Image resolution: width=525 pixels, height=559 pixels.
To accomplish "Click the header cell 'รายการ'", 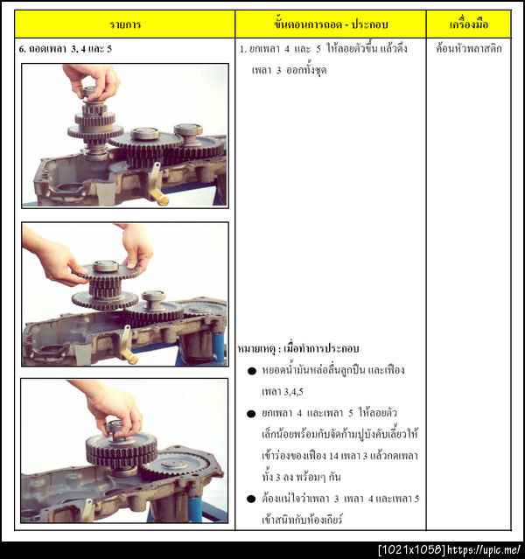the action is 125,24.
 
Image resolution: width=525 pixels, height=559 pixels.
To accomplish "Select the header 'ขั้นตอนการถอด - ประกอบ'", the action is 331,24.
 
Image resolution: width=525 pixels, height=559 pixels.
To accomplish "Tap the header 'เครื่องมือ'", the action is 469,24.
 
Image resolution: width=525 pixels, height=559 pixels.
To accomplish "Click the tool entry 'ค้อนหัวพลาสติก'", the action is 469,48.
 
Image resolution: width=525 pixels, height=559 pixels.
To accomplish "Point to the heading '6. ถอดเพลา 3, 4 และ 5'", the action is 66,49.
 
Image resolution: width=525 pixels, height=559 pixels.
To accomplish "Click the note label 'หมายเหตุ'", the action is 256,349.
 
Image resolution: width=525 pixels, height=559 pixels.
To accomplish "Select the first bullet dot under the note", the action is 252,371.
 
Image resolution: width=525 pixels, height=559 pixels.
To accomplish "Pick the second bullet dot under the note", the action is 251,414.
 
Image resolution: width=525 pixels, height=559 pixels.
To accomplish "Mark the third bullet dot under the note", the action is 251,499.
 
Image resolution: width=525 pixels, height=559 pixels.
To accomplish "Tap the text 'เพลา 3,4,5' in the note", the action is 282,392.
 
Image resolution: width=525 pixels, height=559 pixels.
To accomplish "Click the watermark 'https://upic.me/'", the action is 484,549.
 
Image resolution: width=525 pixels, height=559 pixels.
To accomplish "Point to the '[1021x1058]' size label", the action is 412,549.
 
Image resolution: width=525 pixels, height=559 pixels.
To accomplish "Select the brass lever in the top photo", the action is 157,185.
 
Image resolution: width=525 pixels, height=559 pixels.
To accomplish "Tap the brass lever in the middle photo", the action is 128,345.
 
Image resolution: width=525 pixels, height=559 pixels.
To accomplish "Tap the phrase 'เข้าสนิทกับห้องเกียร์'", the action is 302,520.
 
